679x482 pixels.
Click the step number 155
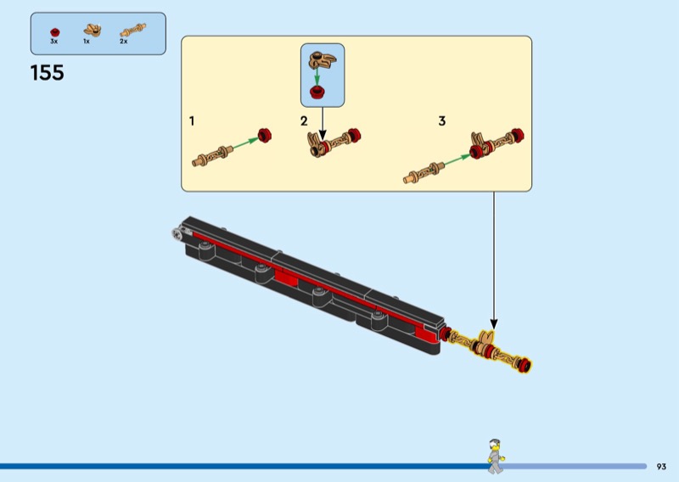point(48,73)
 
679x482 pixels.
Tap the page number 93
point(661,467)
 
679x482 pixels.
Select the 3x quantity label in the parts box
point(53,42)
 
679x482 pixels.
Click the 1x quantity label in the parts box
point(87,42)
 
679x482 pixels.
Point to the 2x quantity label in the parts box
point(124,42)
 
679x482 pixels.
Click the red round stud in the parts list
point(55,32)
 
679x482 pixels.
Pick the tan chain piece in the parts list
point(133,30)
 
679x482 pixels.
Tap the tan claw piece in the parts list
point(93,31)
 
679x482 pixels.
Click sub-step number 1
point(192,120)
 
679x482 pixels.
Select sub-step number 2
point(304,120)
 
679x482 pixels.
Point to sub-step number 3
point(441,120)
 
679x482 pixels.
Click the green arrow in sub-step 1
point(245,143)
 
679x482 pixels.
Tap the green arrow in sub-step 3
point(457,160)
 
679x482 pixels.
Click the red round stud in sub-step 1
point(265,135)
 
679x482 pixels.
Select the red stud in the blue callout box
point(317,92)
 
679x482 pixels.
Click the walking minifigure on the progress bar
point(496,456)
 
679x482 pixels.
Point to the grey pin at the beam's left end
point(177,234)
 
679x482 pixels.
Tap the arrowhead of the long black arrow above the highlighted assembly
point(494,324)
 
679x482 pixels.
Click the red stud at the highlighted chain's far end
point(525,366)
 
